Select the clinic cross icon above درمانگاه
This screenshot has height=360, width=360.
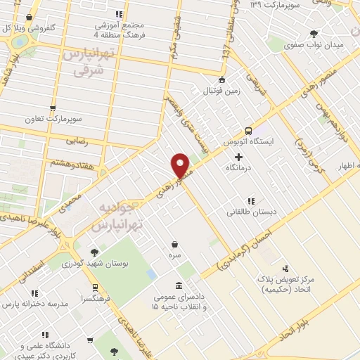pos(239,157)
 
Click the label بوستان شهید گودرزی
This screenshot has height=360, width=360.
pos(97,264)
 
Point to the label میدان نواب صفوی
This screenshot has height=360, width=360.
pos(313,45)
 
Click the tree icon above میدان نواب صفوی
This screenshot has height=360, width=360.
pos(313,33)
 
